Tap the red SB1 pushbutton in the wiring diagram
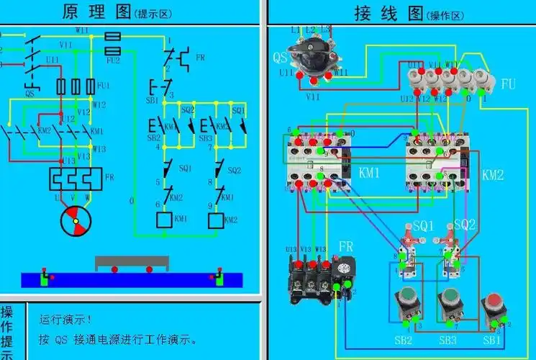tap(494, 302)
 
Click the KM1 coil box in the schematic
tap(164, 219)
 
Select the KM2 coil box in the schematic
tap(215, 219)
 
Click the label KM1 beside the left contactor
tap(371, 174)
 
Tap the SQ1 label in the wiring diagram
tap(422, 225)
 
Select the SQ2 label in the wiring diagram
tap(464, 225)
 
